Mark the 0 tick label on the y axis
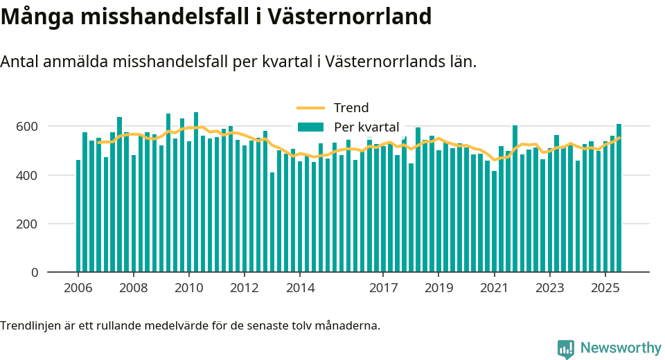34,273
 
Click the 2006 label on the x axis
78,288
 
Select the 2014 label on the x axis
299,288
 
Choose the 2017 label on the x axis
382,288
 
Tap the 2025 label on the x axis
605,288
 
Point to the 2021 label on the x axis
494,288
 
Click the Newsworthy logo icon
566,348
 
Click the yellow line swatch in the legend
310,108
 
